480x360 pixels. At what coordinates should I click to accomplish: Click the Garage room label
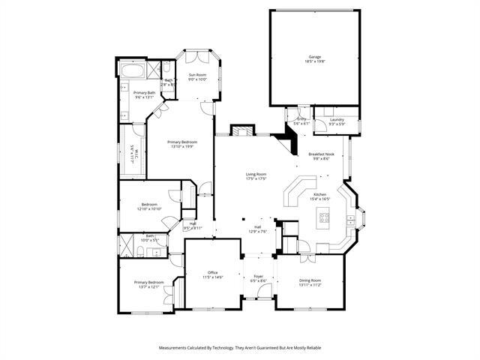(x=313, y=57)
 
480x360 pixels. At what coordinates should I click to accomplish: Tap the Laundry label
(x=336, y=119)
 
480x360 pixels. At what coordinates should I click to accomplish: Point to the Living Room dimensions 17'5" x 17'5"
(x=256, y=179)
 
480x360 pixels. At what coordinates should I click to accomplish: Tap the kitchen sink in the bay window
(x=351, y=219)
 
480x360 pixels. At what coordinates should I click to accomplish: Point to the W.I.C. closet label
(x=132, y=154)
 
